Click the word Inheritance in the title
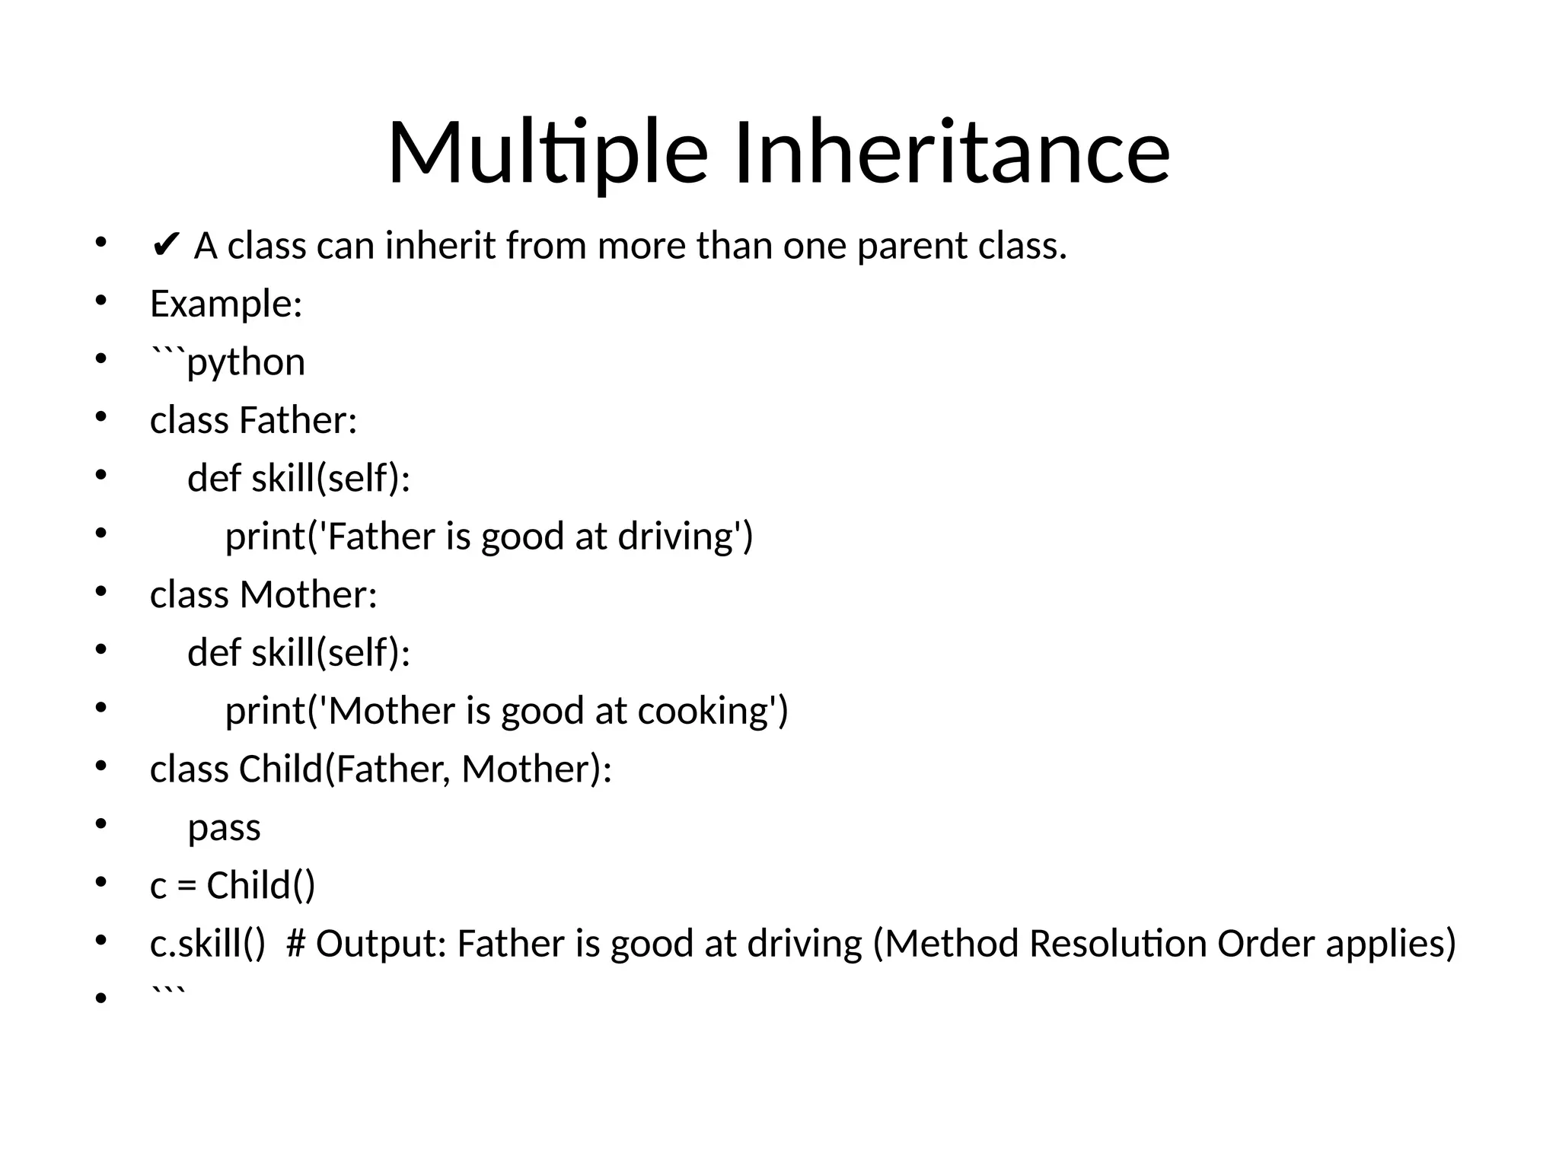(x=952, y=152)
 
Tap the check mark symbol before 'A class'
(x=166, y=246)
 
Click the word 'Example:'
(x=226, y=304)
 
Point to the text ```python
(x=228, y=362)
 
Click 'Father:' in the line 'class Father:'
(x=298, y=420)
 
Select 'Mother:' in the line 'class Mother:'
(x=308, y=594)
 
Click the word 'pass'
(x=224, y=828)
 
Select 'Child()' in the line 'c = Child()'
(x=260, y=886)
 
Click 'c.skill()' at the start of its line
(x=208, y=944)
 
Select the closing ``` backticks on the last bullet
(x=167, y=993)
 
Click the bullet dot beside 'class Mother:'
(x=100, y=592)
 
